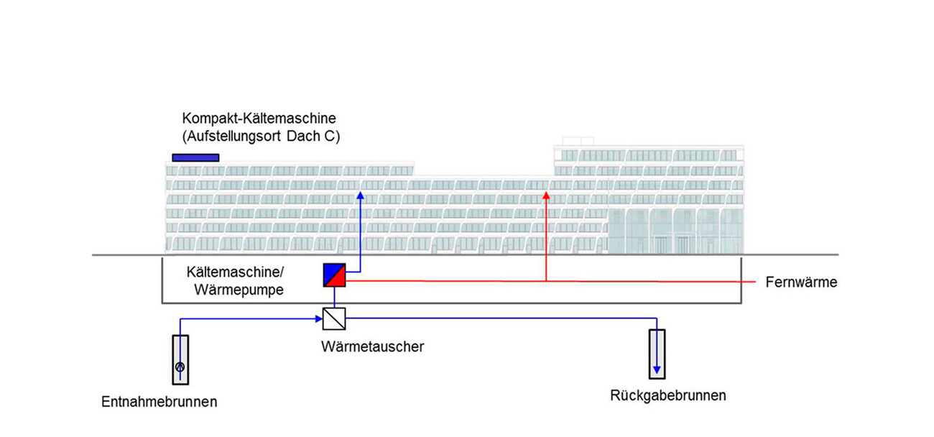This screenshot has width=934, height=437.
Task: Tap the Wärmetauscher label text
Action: [373, 346]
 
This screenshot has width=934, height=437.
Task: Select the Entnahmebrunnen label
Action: [159, 401]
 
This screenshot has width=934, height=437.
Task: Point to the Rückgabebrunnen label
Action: [667, 395]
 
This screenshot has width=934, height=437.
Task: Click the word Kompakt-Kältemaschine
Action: [259, 118]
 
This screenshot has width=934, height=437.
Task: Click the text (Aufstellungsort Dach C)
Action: [261, 136]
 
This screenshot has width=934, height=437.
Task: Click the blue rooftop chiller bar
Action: [195, 157]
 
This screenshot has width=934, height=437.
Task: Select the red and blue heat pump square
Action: [334, 275]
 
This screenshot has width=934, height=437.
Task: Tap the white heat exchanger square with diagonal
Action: [334, 318]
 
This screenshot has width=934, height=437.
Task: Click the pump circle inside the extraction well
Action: [180, 367]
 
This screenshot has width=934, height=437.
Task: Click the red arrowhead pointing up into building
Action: [546, 194]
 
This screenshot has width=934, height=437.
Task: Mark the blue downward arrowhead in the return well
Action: [657, 370]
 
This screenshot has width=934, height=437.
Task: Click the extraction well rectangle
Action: [180, 358]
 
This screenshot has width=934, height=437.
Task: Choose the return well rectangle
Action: [657, 354]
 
